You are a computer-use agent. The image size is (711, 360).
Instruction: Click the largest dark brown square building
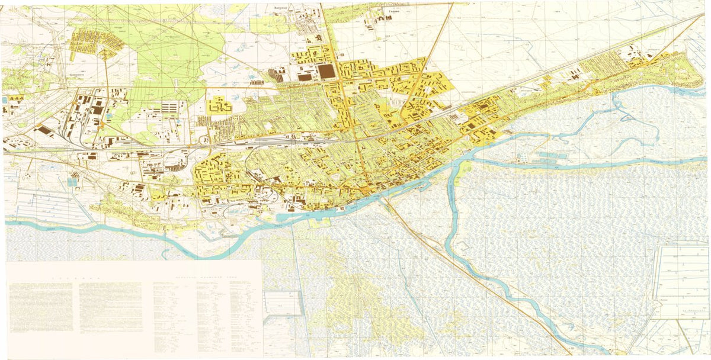click(x=326, y=72)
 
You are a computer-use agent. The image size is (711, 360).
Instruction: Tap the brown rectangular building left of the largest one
click(x=305, y=76)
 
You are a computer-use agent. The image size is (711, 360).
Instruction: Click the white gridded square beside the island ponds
click(x=522, y=157)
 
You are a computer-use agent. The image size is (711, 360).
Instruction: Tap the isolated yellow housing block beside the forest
click(x=219, y=107)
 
